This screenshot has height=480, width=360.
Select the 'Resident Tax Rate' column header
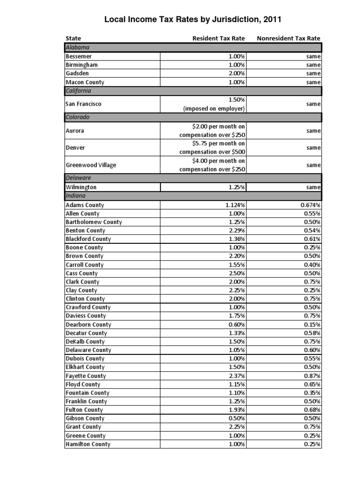pyautogui.click(x=218, y=38)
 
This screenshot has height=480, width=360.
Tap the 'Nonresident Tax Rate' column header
pyautogui.click(x=289, y=38)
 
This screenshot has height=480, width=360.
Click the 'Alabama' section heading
pyautogui.click(x=78, y=47)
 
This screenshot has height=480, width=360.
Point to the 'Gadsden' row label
pyautogui.click(x=78, y=73)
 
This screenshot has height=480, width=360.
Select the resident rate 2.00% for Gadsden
pyautogui.click(x=237, y=73)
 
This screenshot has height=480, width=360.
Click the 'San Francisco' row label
pyautogui.click(x=84, y=104)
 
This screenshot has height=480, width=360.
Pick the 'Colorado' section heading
pyautogui.click(x=78, y=117)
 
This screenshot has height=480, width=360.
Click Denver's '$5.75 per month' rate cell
pyautogui.click(x=213, y=148)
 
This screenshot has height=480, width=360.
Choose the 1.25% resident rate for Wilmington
pyautogui.click(x=237, y=187)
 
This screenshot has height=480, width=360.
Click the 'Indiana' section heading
pyautogui.click(x=76, y=196)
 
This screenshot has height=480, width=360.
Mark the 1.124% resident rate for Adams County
pyautogui.click(x=235, y=205)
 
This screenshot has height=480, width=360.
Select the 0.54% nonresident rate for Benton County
pyautogui.click(x=311, y=231)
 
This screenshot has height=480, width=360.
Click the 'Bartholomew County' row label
pyautogui.click(x=94, y=222)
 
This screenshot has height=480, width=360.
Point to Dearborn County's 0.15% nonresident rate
pyautogui.click(x=311, y=324)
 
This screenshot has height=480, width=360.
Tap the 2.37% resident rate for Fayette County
pyautogui.click(x=237, y=375)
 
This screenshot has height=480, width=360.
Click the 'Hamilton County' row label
pyautogui.click(x=88, y=444)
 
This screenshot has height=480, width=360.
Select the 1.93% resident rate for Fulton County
pyautogui.click(x=237, y=410)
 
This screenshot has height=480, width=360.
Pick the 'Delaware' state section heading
pyautogui.click(x=78, y=178)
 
